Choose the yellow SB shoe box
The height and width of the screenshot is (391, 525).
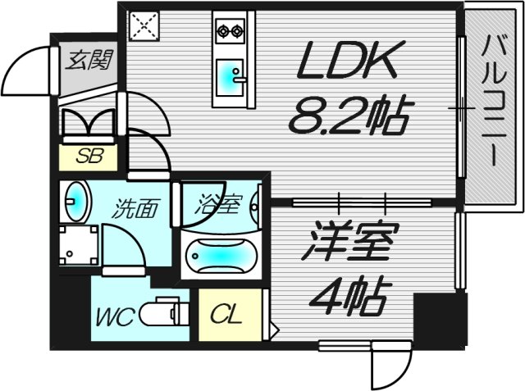point(89,157)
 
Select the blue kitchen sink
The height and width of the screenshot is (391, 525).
point(226,77)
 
